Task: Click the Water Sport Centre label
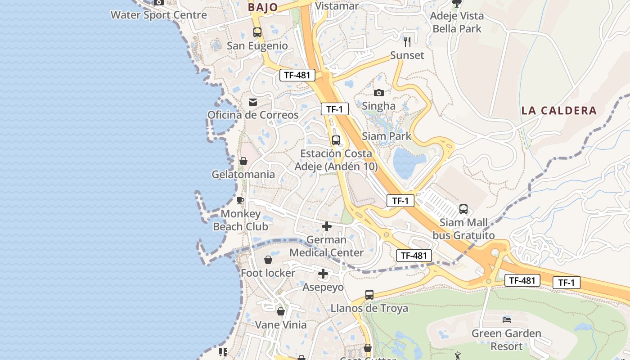click(159, 15)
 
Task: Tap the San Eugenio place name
click(257, 45)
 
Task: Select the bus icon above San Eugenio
click(257, 32)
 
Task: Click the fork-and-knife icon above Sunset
click(407, 42)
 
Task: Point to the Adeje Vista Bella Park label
click(457, 22)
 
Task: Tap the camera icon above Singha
click(379, 93)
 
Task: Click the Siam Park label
click(387, 136)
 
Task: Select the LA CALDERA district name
click(559, 110)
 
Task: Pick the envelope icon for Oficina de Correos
click(253, 102)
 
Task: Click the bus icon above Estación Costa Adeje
click(336, 140)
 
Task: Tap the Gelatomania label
click(243, 174)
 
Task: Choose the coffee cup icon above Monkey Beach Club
click(240, 200)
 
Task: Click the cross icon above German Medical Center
click(327, 226)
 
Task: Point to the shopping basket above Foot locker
click(268, 260)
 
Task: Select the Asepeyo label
click(323, 287)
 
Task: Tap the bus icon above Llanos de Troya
click(369, 295)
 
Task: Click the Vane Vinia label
click(281, 324)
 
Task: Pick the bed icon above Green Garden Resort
click(507, 320)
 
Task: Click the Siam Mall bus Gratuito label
click(463, 229)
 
